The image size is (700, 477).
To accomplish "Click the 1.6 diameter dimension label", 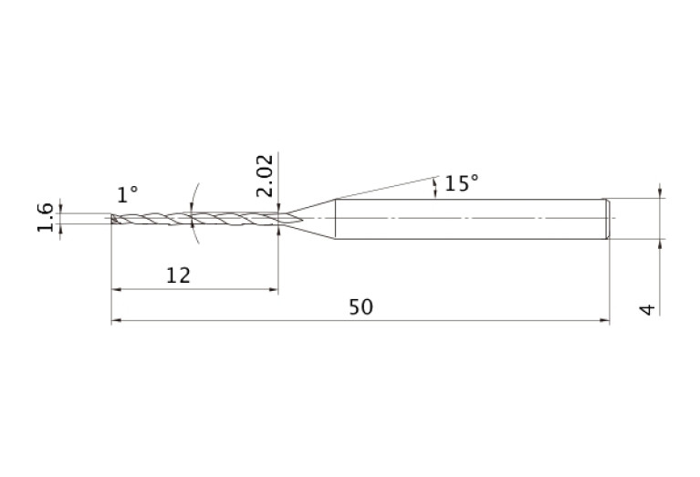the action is [x=45, y=217].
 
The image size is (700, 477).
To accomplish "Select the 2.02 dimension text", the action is [x=265, y=175].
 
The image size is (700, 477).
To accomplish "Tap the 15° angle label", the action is [x=462, y=183].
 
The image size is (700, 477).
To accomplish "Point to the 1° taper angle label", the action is [x=127, y=194].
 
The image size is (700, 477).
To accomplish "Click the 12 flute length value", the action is [x=178, y=275].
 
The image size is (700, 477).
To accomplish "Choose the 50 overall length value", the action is [x=360, y=307].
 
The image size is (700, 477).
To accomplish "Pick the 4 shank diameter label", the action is [x=648, y=309].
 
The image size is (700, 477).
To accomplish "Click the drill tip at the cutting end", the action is [x=114, y=218].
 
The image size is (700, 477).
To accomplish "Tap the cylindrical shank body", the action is [x=470, y=219].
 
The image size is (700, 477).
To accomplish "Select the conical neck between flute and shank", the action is [x=311, y=219].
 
